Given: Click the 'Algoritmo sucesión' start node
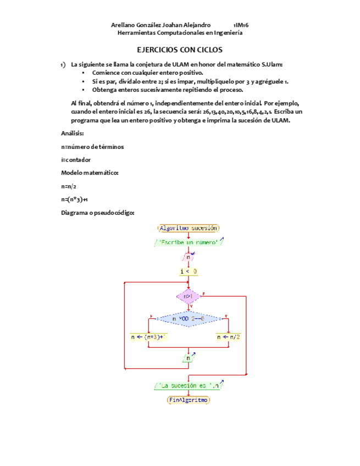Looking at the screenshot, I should pyautogui.click(x=189, y=228).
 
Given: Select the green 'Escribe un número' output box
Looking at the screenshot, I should pyautogui.click(x=189, y=242).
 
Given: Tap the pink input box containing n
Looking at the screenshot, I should pyautogui.click(x=188, y=257).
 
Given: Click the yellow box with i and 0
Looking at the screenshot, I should pyautogui.click(x=189, y=271).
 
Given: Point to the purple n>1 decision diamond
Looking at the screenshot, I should pyautogui.click(x=188, y=296).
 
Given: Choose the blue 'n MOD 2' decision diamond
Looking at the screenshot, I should pyautogui.click(x=188, y=319).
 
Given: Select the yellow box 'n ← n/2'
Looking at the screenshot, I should pyautogui.click(x=228, y=337).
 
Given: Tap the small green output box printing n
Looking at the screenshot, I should pyautogui.click(x=188, y=358).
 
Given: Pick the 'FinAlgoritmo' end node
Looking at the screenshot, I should pyautogui.click(x=189, y=401).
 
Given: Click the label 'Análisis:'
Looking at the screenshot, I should pyautogui.click(x=73, y=134).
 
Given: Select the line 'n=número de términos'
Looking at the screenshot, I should pyautogui.click(x=92, y=147).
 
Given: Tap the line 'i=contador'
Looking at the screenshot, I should pyautogui.click(x=76, y=160).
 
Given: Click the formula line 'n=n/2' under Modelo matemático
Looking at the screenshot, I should pyautogui.click(x=69, y=186).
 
